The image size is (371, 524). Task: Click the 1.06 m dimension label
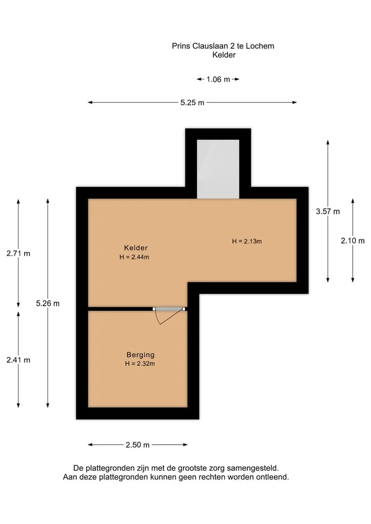coord(218,79)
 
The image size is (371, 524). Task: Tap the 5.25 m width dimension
coord(192,103)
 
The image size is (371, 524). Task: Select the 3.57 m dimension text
coord(328,212)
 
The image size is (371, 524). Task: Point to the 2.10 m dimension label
coord(352,241)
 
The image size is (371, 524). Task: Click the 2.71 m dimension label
coord(19,253)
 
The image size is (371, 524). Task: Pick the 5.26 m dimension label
coord(48,303)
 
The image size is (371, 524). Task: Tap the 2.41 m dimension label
coord(19,360)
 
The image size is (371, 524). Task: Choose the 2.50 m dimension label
coord(138,445)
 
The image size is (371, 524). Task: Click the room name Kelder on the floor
coord(136,248)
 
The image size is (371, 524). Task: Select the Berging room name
coord(140,354)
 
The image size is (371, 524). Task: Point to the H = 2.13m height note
coord(247,241)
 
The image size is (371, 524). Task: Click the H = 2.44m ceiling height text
coord(134,257)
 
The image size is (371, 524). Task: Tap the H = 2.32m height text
coord(140,364)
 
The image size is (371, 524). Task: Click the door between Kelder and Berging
coord(169,310)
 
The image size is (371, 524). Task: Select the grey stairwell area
coord(218,169)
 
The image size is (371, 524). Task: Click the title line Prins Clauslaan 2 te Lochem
coord(223,46)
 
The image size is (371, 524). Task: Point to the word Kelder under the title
coord(224,55)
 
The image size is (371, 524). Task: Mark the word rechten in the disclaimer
coord(211,477)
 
